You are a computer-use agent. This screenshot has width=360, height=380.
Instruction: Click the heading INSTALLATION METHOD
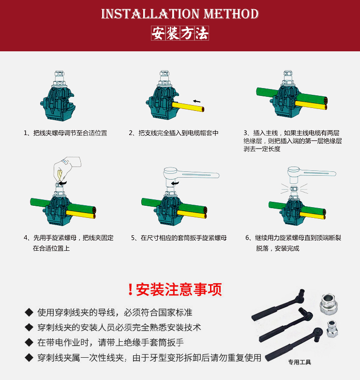pos(180,14)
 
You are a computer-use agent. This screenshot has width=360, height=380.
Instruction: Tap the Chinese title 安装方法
pos(180,33)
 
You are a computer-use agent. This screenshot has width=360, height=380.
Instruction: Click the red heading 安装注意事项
pos(179,289)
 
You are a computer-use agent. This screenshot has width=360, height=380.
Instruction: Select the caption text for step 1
pos(65,133)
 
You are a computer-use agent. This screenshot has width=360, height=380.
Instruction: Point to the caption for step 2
pos(174,133)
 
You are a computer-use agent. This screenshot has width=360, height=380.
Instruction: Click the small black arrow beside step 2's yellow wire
pos(197,101)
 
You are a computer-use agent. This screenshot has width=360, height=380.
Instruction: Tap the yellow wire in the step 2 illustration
pos(188,107)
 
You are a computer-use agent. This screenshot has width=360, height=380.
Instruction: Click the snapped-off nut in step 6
pos(294,189)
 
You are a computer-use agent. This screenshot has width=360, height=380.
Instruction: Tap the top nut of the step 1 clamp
pos(59,74)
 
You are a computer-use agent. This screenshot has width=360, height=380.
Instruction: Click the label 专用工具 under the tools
pos(300,362)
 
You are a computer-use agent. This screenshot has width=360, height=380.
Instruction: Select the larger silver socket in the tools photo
pos(329,304)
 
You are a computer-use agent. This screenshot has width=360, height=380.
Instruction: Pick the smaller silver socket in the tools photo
pos(332,329)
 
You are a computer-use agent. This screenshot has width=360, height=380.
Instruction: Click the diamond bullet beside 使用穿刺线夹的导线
pos(29,312)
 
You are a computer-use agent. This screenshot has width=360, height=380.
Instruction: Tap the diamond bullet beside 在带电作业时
pos(29,342)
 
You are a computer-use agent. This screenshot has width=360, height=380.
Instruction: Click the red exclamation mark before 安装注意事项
pos(130,289)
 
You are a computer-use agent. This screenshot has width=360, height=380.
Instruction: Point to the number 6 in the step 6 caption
pos(247,238)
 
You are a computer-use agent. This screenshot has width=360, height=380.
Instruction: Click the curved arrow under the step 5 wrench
pos(175,183)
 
